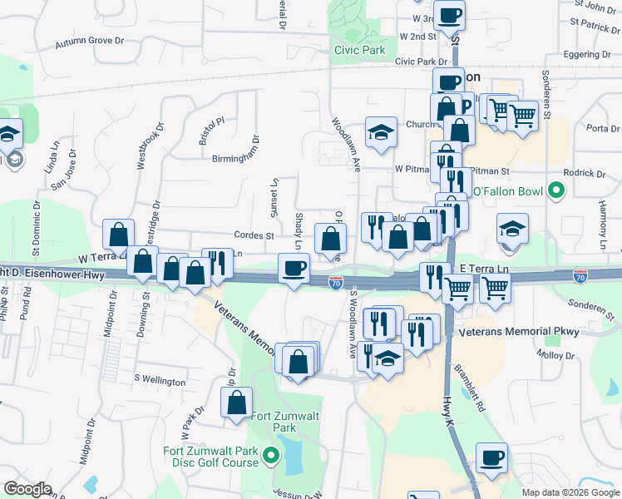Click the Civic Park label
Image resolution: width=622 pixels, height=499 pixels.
tap(360, 50)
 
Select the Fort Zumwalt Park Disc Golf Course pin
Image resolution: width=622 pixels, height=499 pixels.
tap(270, 455)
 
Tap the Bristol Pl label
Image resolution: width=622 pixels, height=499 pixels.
tap(211, 131)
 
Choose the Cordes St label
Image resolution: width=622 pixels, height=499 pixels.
tap(254, 235)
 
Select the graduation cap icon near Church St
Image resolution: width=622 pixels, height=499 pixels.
tap(381, 132)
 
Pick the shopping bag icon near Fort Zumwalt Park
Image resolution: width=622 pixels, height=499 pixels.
tap(237, 402)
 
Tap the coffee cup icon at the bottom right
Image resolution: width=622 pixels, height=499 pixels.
tap(491, 457)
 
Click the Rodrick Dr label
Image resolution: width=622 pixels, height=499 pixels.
tap(584, 174)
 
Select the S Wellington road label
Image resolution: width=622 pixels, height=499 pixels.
tap(160, 380)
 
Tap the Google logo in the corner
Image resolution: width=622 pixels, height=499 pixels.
tap(27, 489)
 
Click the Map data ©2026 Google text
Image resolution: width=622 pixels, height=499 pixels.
tap(570, 492)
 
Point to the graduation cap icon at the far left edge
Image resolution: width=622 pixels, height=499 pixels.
tap(8, 133)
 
